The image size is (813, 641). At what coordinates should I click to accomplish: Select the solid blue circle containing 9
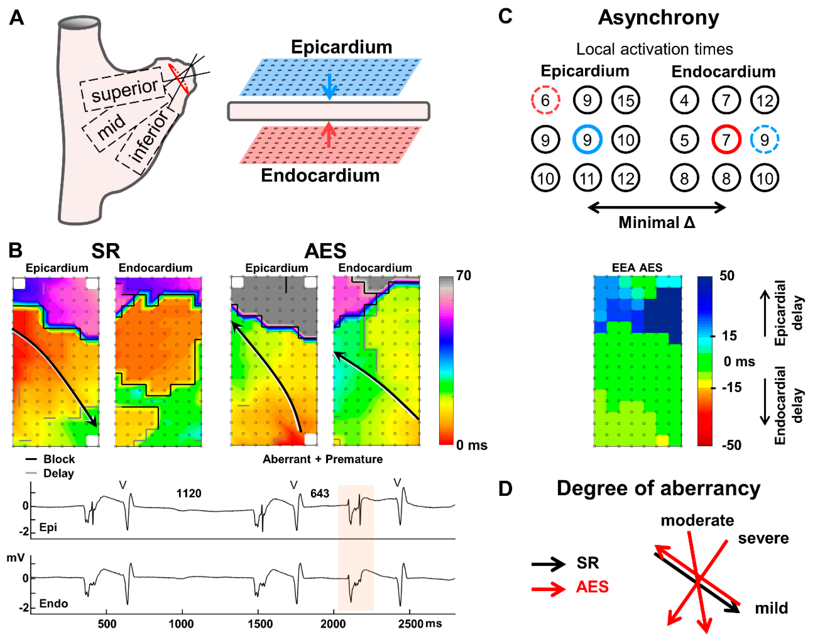click(587, 140)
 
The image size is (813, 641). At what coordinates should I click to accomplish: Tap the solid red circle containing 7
click(726, 140)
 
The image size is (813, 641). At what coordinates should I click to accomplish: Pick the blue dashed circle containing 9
click(764, 140)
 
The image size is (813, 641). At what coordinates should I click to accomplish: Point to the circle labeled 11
click(587, 178)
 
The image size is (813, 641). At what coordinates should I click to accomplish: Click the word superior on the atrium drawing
click(125, 90)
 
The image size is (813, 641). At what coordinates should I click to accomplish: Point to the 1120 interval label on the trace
click(189, 493)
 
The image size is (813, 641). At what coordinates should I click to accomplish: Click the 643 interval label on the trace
click(320, 493)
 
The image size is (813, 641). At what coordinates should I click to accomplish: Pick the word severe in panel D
click(763, 538)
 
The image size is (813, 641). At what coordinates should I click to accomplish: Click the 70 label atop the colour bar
click(464, 276)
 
